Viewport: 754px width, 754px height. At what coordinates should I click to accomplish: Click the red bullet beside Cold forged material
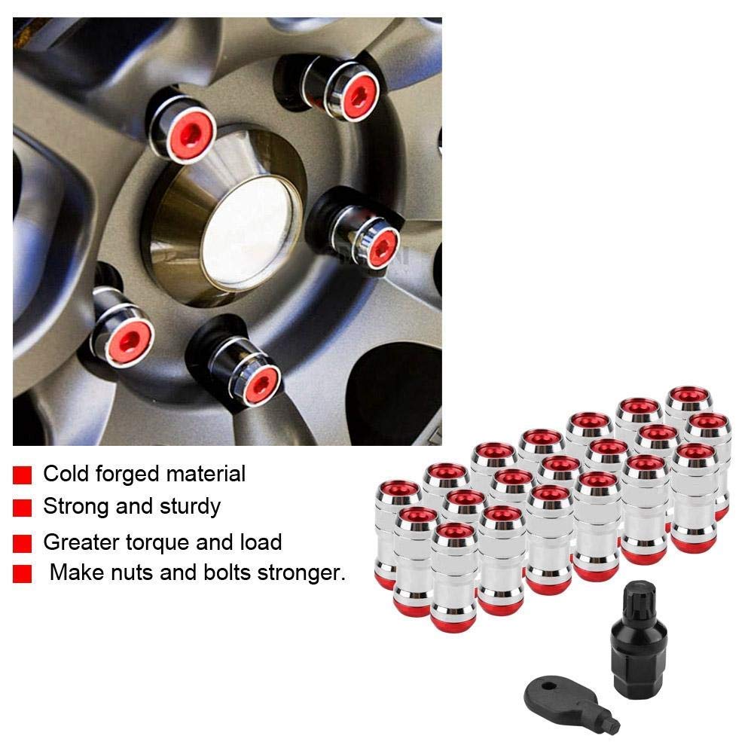[23, 475]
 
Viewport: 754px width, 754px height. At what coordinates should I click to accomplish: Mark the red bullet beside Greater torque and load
[23, 543]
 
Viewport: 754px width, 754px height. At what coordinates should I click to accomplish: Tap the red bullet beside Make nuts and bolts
[23, 575]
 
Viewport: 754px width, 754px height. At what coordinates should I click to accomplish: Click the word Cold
[63, 475]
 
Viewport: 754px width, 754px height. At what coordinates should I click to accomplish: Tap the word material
[203, 475]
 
